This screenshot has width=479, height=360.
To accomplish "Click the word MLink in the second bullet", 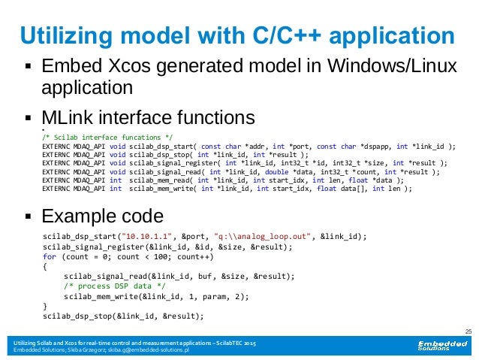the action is pos(68,118).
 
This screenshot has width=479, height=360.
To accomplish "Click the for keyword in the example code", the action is pos(50,256).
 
